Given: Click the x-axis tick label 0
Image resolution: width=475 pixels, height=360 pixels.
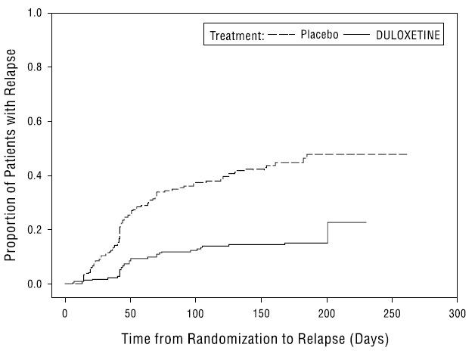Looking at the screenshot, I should tap(65, 312).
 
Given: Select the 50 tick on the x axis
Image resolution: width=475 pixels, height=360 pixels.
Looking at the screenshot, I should tap(130, 312).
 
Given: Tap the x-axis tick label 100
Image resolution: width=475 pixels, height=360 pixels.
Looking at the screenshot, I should tap(196, 312).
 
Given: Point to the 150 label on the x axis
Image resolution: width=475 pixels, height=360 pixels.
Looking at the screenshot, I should tap(261, 312).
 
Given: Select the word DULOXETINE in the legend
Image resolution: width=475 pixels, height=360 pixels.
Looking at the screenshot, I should tap(409, 35).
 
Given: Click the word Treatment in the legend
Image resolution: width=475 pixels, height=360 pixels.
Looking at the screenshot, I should tap(236, 35).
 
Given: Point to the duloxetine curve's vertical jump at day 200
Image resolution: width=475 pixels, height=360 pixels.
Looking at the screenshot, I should tap(328, 233).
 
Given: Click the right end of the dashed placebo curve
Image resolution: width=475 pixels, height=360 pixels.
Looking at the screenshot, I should tap(407, 154).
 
